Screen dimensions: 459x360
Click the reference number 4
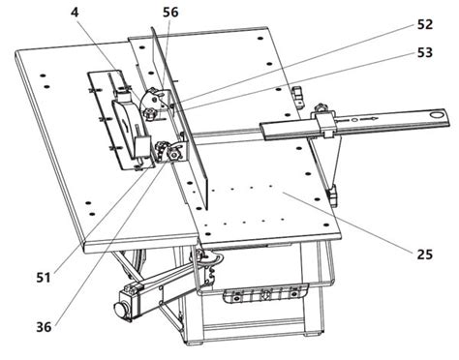coord(75,14)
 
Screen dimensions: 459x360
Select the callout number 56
coord(170,13)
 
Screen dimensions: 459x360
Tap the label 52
coord(425,25)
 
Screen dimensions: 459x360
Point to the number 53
coord(425,52)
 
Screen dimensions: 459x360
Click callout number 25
coord(425,255)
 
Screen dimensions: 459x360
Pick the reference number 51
coord(44,278)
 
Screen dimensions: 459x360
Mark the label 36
coord(44,327)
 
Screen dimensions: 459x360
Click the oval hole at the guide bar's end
coord(438,115)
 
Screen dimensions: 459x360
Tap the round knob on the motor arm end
coord(121,309)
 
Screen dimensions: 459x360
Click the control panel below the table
coord(265,293)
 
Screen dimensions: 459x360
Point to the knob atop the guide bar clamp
coord(321,106)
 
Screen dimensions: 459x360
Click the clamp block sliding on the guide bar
coord(326,124)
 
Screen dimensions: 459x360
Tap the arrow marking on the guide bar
coord(369,119)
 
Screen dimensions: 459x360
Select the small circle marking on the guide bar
coord(354,121)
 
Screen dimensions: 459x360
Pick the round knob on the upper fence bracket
coord(149,113)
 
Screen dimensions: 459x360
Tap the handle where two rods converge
coord(333,195)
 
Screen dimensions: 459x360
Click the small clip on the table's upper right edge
coord(298,95)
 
